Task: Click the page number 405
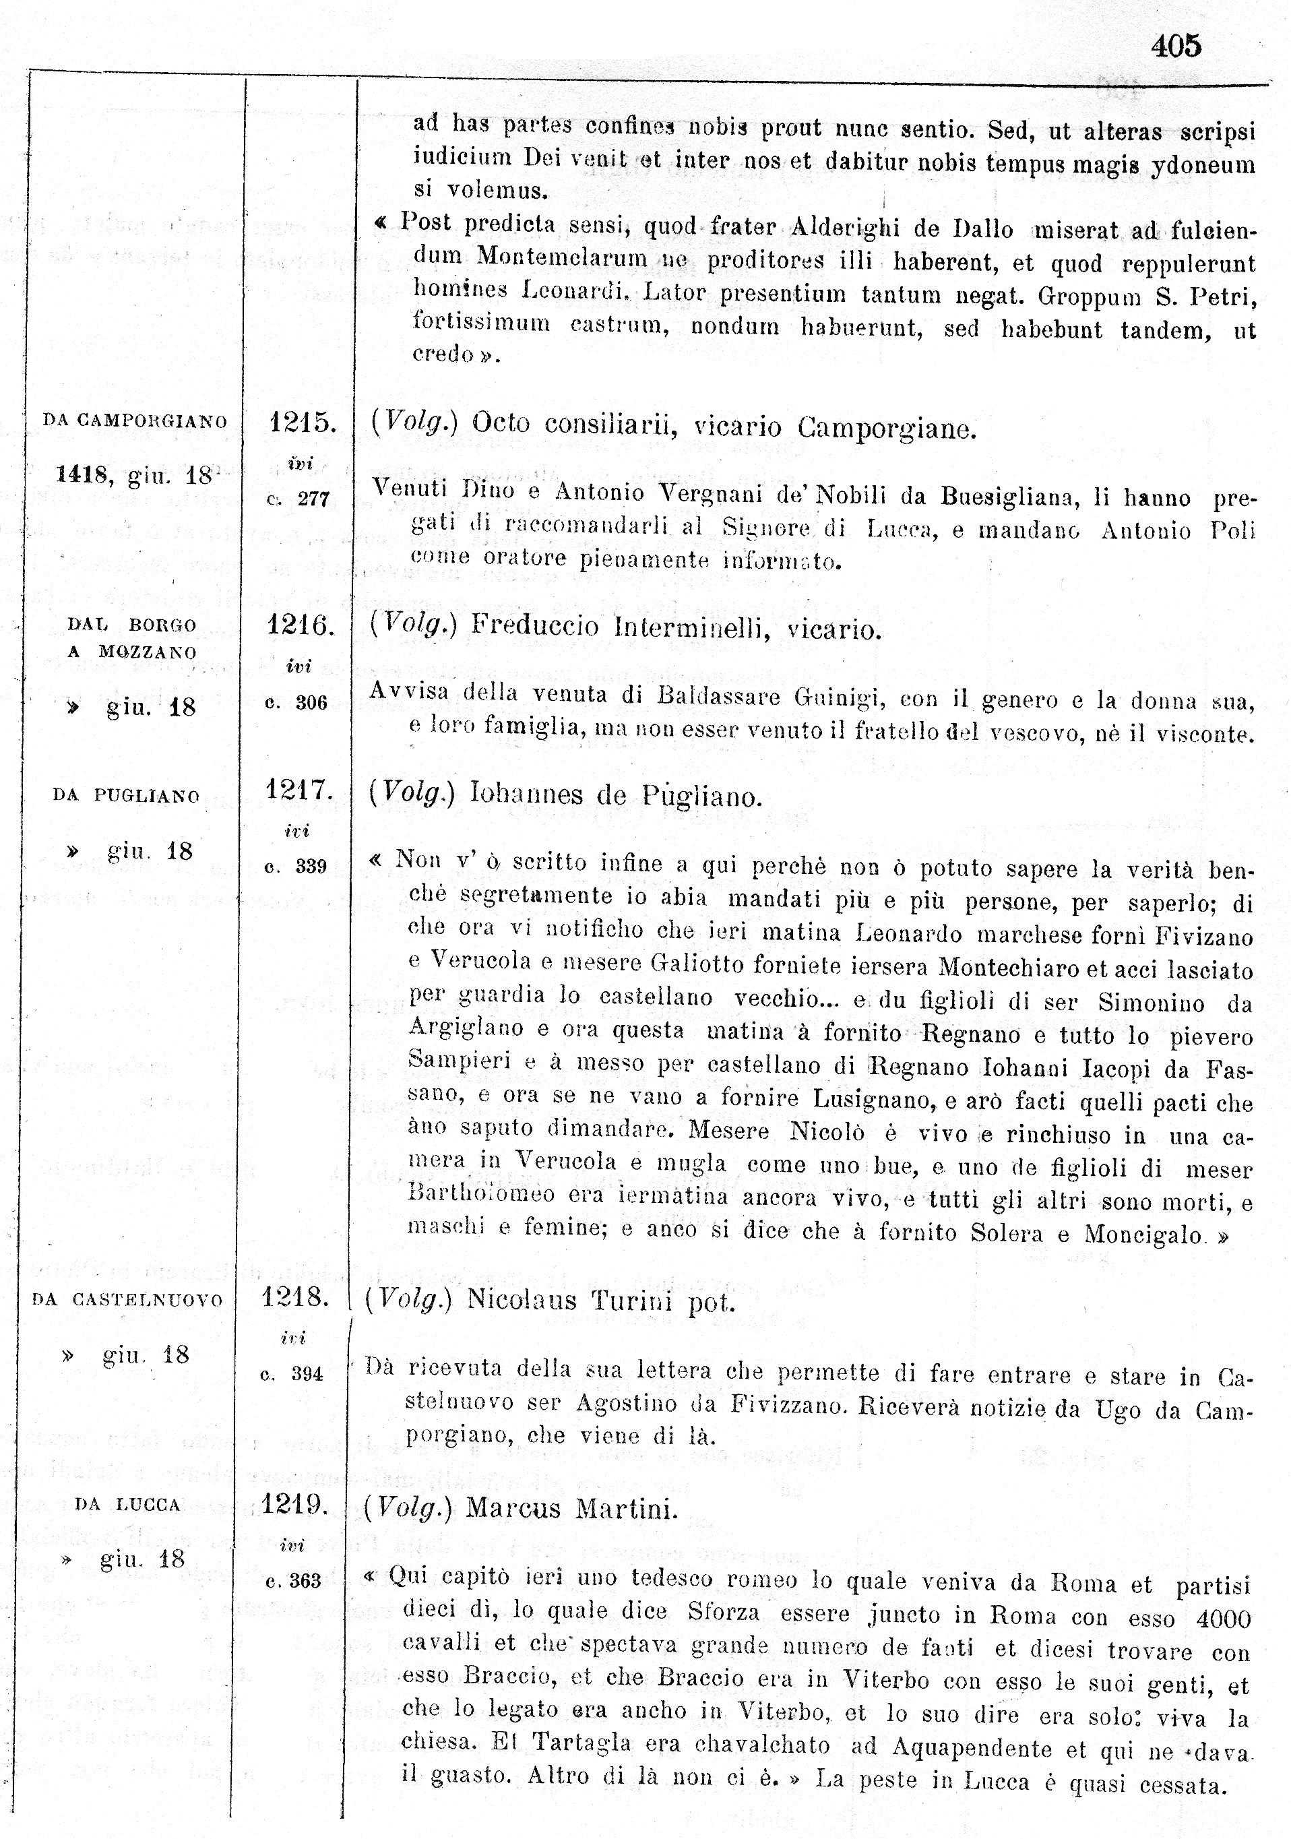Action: pos(1176,46)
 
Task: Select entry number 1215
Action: pos(301,421)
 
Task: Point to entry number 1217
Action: pos(298,790)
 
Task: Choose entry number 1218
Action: pos(294,1297)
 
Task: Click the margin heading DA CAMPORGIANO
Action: pos(135,420)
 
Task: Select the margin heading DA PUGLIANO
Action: pos(126,795)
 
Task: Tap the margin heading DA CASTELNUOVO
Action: pos(127,1300)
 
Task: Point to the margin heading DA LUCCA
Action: pos(127,1505)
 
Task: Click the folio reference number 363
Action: pos(305,1581)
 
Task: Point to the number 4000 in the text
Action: pos(1223,1619)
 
